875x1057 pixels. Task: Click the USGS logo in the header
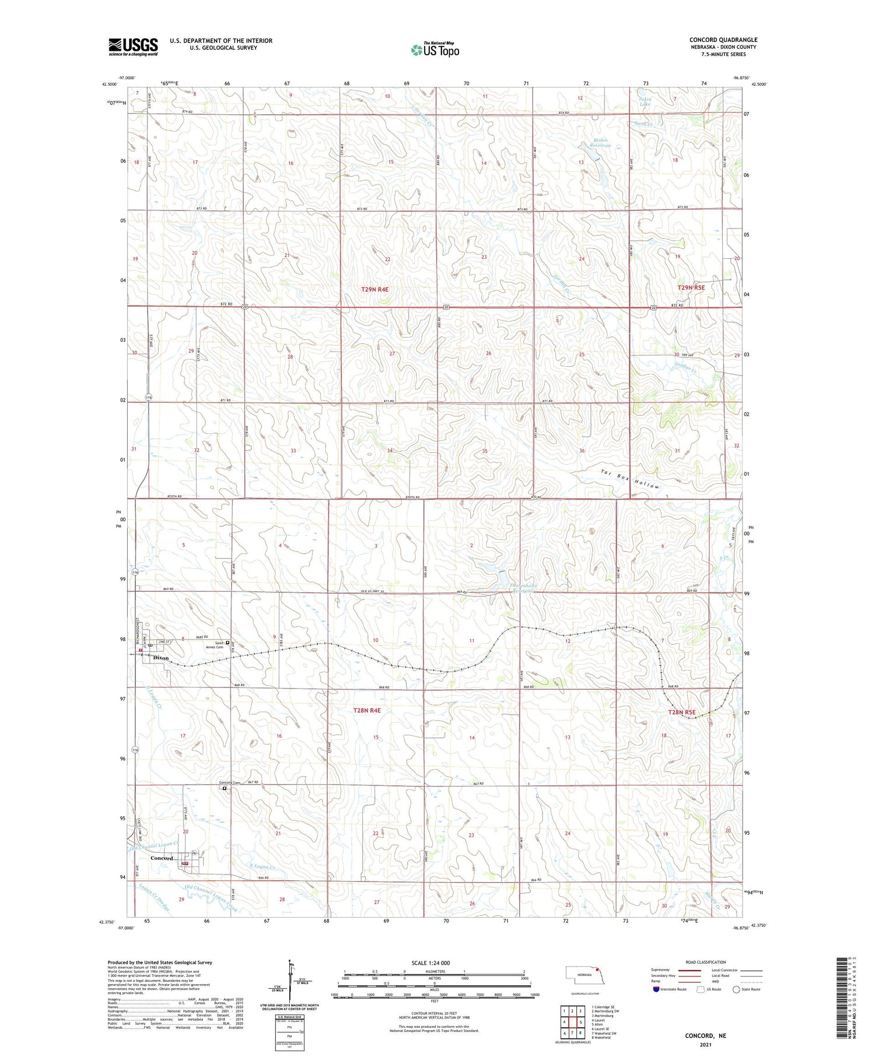click(x=133, y=47)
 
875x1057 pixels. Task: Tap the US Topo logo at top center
click(x=435, y=50)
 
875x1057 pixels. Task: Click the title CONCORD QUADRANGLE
click(x=723, y=40)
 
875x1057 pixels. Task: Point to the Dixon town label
click(x=160, y=658)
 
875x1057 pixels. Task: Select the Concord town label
click(x=162, y=858)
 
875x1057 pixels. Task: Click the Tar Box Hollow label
click(x=631, y=479)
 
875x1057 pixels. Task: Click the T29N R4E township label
click(x=374, y=289)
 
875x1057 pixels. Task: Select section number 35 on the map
click(x=485, y=451)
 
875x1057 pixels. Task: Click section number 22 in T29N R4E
click(x=387, y=259)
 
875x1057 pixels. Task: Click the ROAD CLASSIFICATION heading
click(x=705, y=962)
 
